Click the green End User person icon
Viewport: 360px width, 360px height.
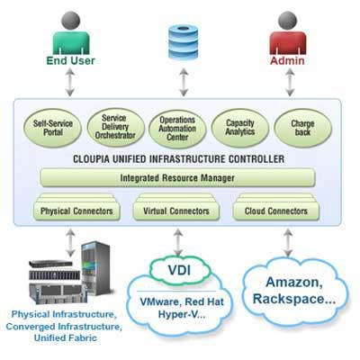[71, 33]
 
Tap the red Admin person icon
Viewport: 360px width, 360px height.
[288, 33]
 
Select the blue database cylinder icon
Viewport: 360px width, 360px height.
[184, 41]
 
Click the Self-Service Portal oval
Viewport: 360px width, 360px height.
[53, 128]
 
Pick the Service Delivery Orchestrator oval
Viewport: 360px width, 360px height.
[115, 127]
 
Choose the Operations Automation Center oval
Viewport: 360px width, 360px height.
[177, 129]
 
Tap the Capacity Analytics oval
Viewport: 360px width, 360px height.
[240, 128]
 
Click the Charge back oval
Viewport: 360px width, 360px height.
[302, 128]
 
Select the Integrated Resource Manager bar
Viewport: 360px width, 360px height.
[177, 177]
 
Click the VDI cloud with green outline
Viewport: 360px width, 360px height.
[180, 270]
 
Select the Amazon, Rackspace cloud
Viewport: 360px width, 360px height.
[294, 291]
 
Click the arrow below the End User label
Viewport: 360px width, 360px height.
[70, 82]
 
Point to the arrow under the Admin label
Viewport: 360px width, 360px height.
[290, 82]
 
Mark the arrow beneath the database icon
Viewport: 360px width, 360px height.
[184, 82]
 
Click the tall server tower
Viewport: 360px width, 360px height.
[96, 268]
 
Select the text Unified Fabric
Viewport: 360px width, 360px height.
[66, 337]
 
